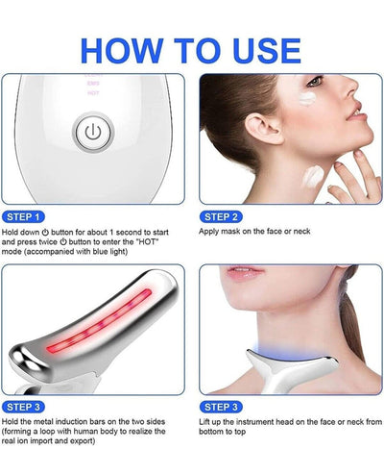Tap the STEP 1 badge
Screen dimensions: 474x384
(24, 217)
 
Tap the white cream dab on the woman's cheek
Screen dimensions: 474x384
(304, 122)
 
